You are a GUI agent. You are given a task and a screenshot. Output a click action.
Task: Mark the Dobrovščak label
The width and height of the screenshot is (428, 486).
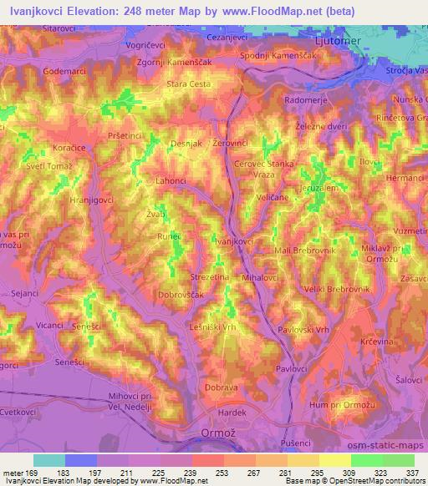181,294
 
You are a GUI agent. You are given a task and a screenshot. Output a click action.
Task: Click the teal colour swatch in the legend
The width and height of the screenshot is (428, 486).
49,460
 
